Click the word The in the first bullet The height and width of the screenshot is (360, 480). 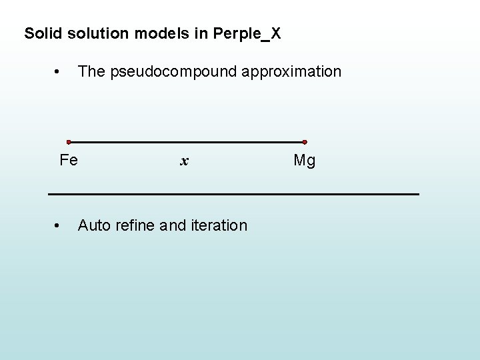(x=91, y=71)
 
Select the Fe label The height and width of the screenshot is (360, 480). (x=69, y=160)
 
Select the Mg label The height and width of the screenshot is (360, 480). (x=305, y=161)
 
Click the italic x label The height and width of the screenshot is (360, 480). (x=185, y=161)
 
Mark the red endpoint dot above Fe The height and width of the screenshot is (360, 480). (x=69, y=142)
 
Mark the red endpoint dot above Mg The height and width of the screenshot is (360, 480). (x=305, y=142)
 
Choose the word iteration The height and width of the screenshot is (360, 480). (x=219, y=225)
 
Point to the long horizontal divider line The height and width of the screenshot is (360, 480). (x=233, y=193)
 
